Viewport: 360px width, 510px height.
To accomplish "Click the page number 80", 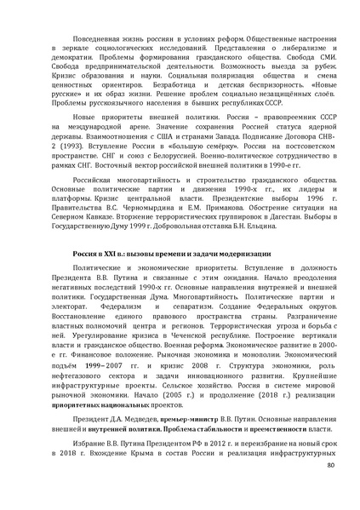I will click(330, 465).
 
